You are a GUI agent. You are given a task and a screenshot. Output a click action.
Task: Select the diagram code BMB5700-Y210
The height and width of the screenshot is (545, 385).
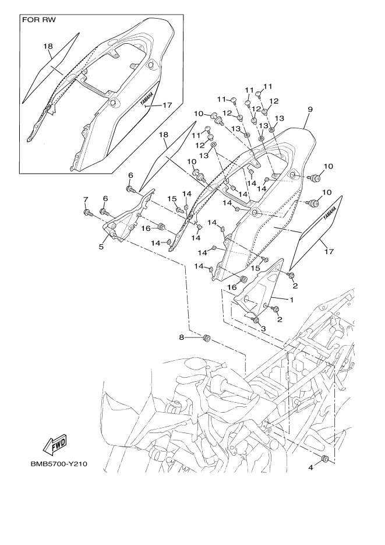[59, 465]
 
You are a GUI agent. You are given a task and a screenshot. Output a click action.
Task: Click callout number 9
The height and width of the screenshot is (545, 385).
[310, 109]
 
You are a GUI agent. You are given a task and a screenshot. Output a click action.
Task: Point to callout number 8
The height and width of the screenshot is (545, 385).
[181, 337]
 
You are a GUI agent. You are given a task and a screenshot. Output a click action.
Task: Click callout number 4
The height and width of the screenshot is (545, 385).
[310, 467]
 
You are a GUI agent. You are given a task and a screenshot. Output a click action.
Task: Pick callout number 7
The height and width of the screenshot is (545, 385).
[86, 200]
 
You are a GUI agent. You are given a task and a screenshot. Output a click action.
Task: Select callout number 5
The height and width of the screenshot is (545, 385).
[101, 247]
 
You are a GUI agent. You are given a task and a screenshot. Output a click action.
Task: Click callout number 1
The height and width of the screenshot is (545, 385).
[292, 299]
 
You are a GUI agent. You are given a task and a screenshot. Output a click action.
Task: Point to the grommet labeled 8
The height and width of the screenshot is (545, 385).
[206, 338]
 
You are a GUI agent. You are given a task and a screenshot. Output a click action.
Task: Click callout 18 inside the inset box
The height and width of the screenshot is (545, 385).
[48, 46]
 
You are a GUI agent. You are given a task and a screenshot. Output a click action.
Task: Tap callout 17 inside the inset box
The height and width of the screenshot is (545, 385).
[167, 106]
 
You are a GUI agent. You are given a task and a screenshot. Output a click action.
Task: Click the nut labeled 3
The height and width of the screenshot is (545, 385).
[256, 320]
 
